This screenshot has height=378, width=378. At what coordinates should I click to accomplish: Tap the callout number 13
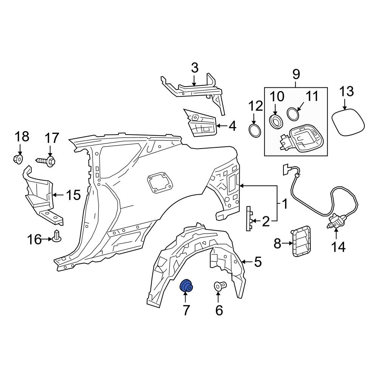point(346,91)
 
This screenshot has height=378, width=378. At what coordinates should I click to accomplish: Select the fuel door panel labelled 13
point(348,122)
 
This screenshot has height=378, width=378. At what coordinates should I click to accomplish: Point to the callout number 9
point(296,73)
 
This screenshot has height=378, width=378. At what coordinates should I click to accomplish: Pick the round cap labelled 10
point(276,121)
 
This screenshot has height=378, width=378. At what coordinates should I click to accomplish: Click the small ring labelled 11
point(293,113)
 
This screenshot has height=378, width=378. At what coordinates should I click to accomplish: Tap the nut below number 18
point(18,160)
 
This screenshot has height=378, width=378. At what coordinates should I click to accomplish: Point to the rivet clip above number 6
point(220,287)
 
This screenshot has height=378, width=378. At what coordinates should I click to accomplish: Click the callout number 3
point(194,68)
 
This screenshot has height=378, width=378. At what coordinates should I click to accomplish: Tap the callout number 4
point(232,126)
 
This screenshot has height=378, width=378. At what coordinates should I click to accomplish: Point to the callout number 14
point(338,247)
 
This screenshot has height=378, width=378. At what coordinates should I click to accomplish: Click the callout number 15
point(73,195)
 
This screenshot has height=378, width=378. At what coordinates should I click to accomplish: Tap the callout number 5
point(257,262)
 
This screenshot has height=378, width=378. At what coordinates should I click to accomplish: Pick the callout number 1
point(284,204)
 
